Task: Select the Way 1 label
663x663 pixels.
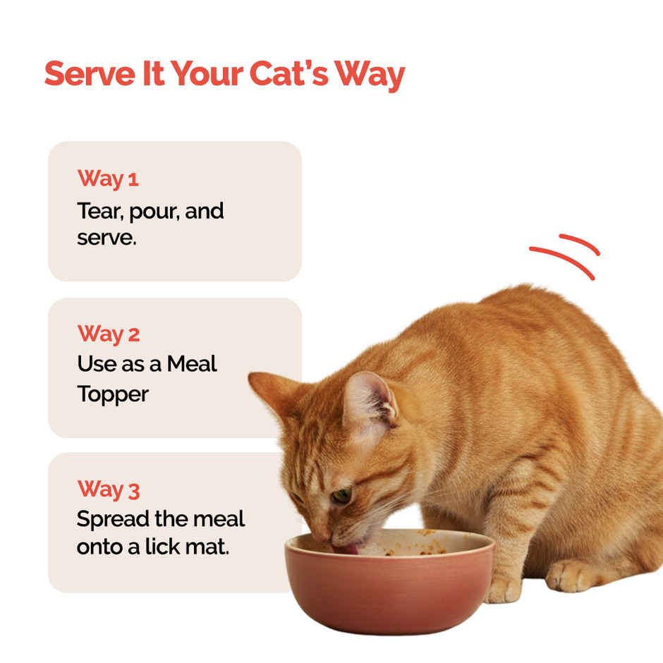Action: click(108, 178)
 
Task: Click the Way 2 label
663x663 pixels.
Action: click(109, 334)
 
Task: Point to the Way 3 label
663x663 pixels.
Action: click(109, 489)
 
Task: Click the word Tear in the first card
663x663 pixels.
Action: click(96, 210)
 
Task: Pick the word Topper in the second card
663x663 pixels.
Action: click(113, 394)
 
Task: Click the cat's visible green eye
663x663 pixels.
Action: click(343, 495)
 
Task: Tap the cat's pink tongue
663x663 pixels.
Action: click(348, 547)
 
